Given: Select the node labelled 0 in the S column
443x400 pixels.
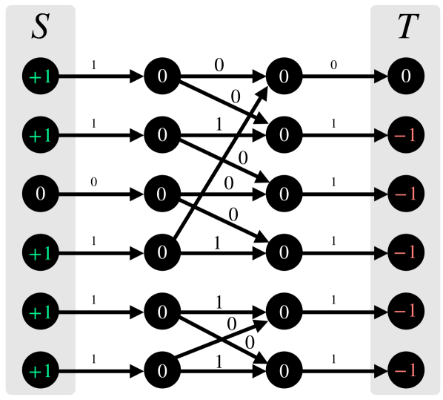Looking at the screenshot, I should pyautogui.click(x=41, y=194).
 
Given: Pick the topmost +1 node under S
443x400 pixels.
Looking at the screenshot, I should pyautogui.click(x=41, y=76).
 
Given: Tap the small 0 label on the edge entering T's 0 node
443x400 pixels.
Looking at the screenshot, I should pyautogui.click(x=333, y=65).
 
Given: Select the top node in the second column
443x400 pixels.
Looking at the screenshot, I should pyautogui.click(x=162, y=76).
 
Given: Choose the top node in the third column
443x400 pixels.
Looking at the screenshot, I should pyautogui.click(x=282, y=76).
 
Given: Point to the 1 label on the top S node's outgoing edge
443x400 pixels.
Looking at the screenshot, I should pyautogui.click(x=93, y=65).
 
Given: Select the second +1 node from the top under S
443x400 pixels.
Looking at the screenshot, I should pyautogui.click(x=41, y=135).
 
